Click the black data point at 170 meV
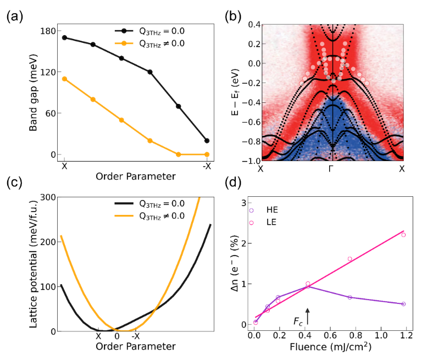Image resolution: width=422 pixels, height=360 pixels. [x=64, y=37]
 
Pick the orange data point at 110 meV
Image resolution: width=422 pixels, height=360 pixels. [x=64, y=79]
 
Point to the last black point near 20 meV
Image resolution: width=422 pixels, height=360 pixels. [x=207, y=141]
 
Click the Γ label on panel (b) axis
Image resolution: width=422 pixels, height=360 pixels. [x=331, y=169]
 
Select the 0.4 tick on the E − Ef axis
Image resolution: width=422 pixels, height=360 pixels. [x=252, y=24]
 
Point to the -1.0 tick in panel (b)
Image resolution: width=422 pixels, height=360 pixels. [x=250, y=160]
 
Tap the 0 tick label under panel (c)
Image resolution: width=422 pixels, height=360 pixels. [x=116, y=336]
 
